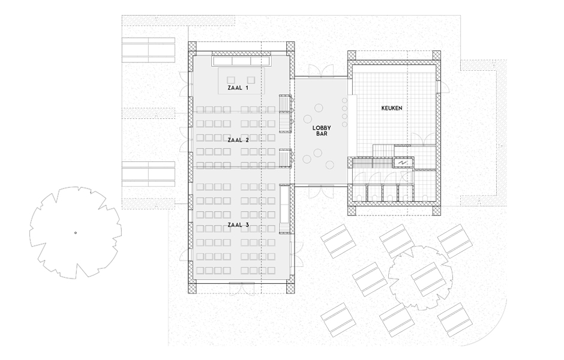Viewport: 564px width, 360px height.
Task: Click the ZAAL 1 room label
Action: click(x=238, y=88)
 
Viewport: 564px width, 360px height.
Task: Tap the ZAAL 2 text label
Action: click(x=238, y=140)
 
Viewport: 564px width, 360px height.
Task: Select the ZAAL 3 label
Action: click(x=238, y=225)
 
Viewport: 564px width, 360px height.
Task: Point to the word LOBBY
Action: click(x=322, y=128)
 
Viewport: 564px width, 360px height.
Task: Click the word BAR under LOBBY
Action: click(x=322, y=134)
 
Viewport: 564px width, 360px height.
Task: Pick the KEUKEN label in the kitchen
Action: click(x=392, y=108)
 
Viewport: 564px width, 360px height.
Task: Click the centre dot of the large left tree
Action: click(x=76, y=233)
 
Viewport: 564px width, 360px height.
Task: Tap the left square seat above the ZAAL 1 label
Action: click(x=231, y=79)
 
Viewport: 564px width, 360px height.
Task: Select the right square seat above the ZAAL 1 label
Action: click(x=251, y=79)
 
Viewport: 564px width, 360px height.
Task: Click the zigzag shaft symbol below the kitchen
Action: click(x=403, y=163)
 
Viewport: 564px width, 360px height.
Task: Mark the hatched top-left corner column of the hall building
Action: click(x=193, y=46)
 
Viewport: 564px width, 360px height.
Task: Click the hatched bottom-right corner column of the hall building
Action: click(x=290, y=288)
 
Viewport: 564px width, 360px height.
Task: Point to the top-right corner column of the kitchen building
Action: click(x=436, y=55)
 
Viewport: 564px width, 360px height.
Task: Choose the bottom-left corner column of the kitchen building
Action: click(x=352, y=211)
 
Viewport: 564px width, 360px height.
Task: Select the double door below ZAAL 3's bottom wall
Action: click(x=242, y=288)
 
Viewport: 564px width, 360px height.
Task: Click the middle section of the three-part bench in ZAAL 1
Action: click(x=241, y=61)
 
